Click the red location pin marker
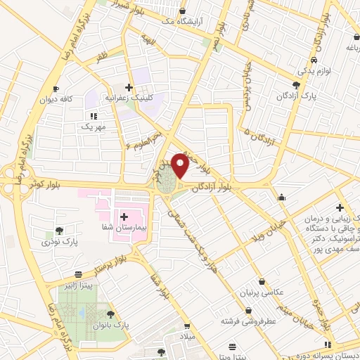coord(180,166)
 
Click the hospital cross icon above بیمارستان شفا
coord(124,217)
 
